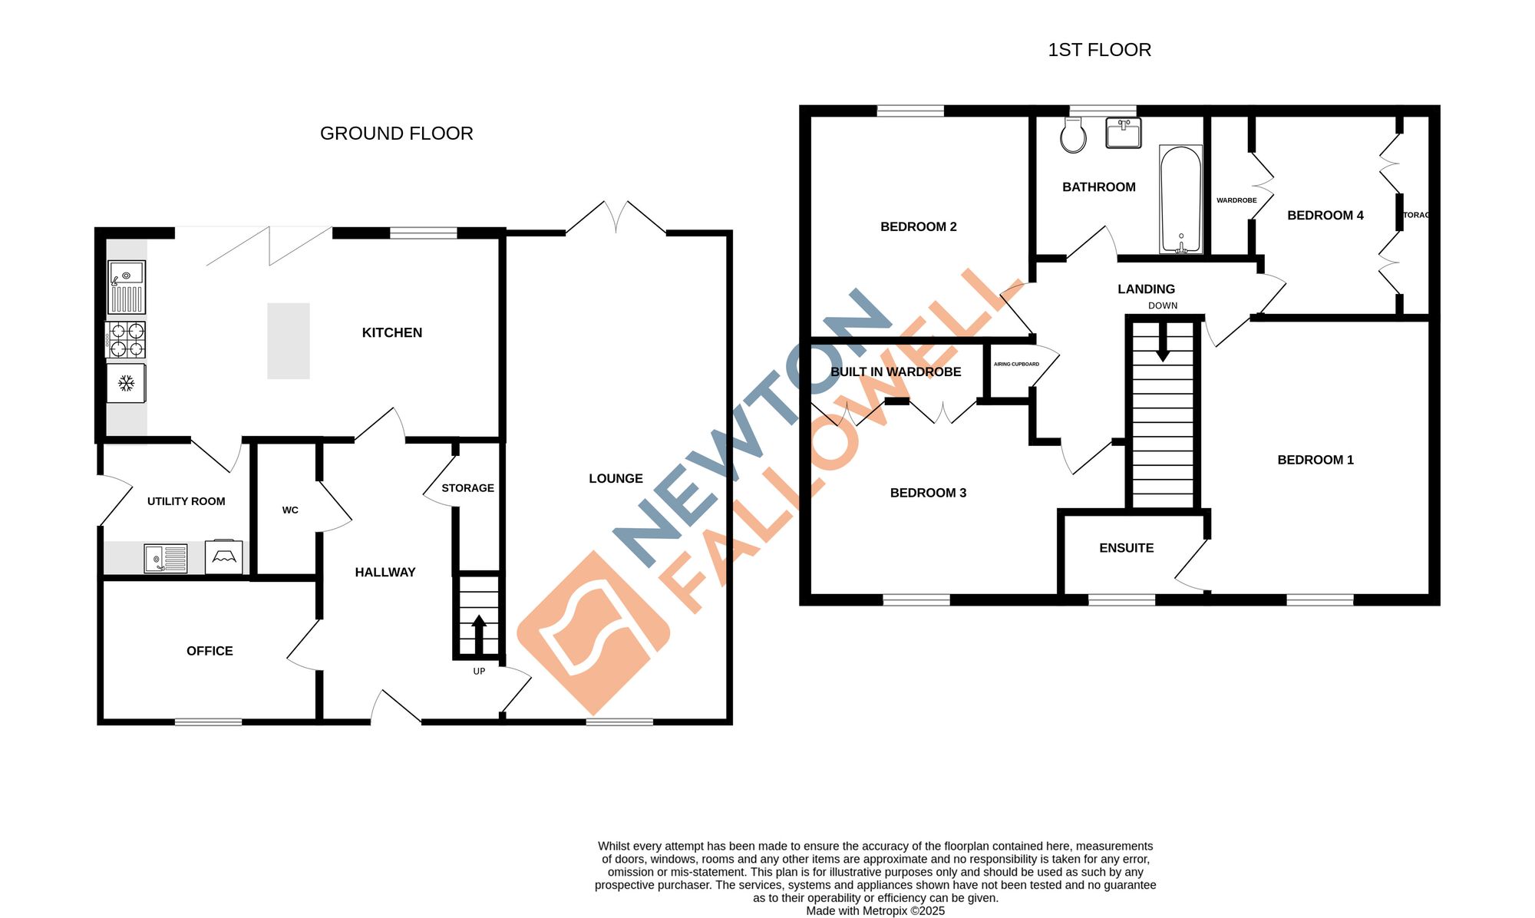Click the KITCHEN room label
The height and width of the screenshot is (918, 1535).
pyautogui.click(x=391, y=332)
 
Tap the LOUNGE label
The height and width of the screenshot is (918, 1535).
pyautogui.click(x=616, y=478)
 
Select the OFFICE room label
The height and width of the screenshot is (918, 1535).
pyautogui.click(x=210, y=651)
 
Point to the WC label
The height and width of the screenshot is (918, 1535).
pyautogui.click(x=290, y=510)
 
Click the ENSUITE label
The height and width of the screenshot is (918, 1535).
pyautogui.click(x=1126, y=548)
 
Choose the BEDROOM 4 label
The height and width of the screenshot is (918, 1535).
pyautogui.click(x=1325, y=216)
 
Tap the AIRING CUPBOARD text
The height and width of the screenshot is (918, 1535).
pyautogui.click(x=1016, y=364)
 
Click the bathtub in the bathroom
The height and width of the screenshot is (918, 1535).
pyautogui.click(x=1180, y=199)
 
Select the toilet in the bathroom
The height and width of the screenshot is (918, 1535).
pyautogui.click(x=1073, y=136)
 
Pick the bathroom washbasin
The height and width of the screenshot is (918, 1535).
pyautogui.click(x=1123, y=133)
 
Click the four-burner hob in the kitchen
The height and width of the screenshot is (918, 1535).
pyautogui.click(x=127, y=340)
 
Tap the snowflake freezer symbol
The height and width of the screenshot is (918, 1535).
pyautogui.click(x=127, y=383)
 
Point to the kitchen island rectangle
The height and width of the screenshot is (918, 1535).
pyautogui.click(x=289, y=341)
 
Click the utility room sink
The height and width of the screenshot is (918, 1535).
pyautogui.click(x=165, y=558)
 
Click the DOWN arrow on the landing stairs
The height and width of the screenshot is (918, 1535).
pyautogui.click(x=1163, y=341)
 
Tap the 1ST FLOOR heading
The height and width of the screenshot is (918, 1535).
pyautogui.click(x=1099, y=50)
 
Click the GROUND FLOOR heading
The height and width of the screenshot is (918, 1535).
pyautogui.click(x=396, y=134)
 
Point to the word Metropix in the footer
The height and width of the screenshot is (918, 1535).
pyautogui.click(x=885, y=911)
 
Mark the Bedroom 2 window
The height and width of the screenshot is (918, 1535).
pyautogui.click(x=910, y=111)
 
